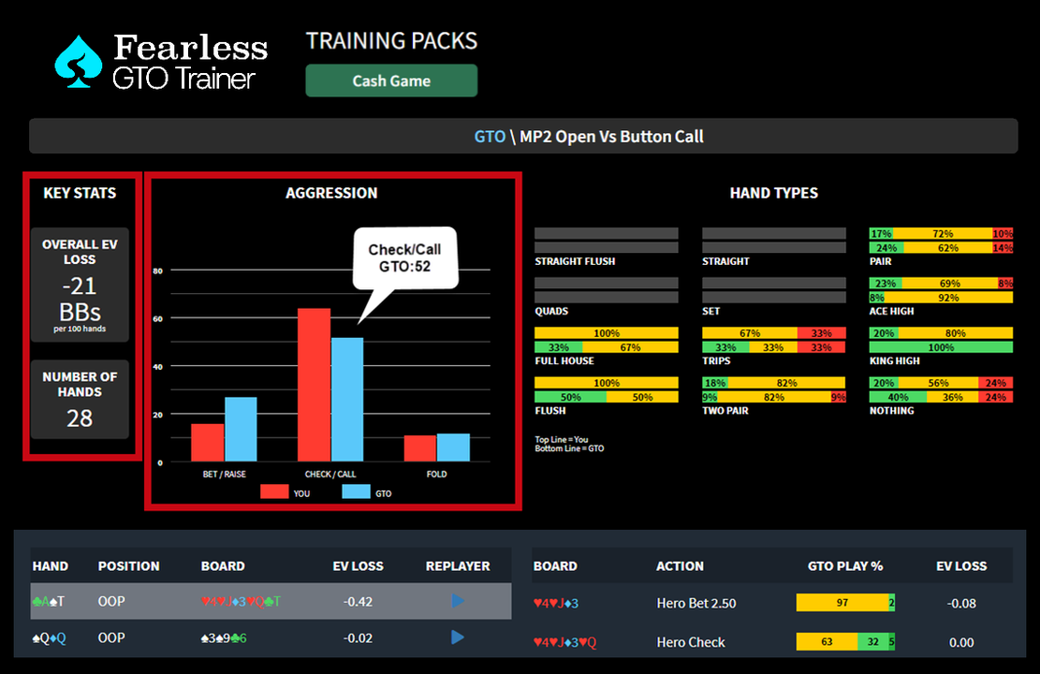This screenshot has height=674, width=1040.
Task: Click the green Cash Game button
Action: (391, 81)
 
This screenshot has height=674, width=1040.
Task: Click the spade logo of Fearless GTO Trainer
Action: (79, 62)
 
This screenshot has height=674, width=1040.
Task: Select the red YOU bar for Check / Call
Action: (314, 385)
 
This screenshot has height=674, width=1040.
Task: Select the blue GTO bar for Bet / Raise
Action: (241, 429)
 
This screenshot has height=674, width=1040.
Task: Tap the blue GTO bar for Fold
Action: (453, 447)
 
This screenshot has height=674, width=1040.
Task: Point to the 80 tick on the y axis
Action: (158, 271)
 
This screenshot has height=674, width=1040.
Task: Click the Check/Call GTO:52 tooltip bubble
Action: (404, 257)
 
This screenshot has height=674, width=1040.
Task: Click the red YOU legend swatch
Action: (274, 492)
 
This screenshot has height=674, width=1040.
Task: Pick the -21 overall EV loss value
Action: (80, 286)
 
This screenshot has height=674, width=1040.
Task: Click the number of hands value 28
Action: (80, 418)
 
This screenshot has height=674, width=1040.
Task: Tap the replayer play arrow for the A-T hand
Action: (458, 601)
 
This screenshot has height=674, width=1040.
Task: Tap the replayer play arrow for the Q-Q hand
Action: (458, 637)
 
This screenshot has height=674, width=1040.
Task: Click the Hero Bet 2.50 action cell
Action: (696, 604)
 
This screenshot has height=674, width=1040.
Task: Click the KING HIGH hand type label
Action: (894, 360)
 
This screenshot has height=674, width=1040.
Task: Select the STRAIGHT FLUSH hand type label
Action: (575, 261)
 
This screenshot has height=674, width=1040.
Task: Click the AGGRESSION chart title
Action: (331, 193)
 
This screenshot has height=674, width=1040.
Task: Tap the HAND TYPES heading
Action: (773, 193)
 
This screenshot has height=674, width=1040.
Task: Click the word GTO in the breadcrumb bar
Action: (490, 137)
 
